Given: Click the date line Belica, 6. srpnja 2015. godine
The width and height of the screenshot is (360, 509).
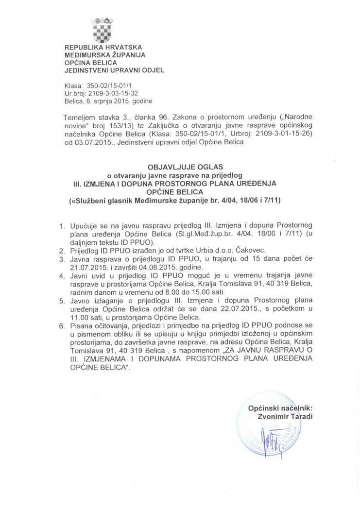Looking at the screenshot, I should click(x=108, y=102).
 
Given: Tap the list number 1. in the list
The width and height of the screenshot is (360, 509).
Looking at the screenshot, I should click(x=61, y=227).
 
